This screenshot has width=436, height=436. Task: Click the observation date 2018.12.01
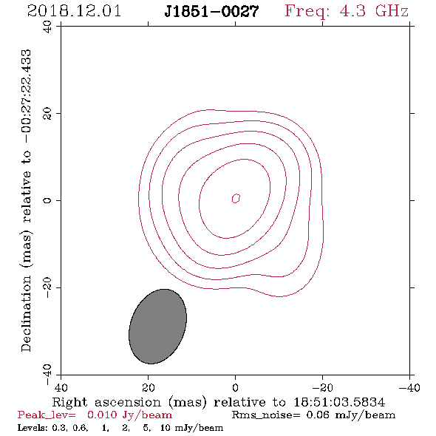coord(74,11)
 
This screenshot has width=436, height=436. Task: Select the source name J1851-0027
coord(211,11)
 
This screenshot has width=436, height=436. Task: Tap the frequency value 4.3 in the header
coord(352,11)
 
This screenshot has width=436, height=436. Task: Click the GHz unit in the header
coord(392,11)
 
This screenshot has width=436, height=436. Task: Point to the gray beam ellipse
coord(157,327)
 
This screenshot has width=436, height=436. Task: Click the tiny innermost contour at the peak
coord(236,198)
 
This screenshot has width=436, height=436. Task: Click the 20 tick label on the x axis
coord(149,387)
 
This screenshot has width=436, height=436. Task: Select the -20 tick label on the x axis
coord(322,387)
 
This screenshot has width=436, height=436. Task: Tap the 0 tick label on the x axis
coord(235,387)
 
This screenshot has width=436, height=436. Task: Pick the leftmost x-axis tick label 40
coord(61,387)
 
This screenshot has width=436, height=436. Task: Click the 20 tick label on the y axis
coord(47,114)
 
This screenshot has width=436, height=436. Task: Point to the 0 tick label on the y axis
coord(47,200)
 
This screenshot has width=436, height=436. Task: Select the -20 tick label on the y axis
coord(47,287)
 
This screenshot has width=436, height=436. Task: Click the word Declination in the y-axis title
coord(26,313)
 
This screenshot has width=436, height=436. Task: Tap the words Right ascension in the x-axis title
coord(106,402)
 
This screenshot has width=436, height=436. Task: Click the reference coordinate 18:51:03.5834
coord(339,402)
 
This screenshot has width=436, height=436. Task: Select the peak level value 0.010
coord(102,415)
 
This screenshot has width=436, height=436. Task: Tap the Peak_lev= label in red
coord(47,415)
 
